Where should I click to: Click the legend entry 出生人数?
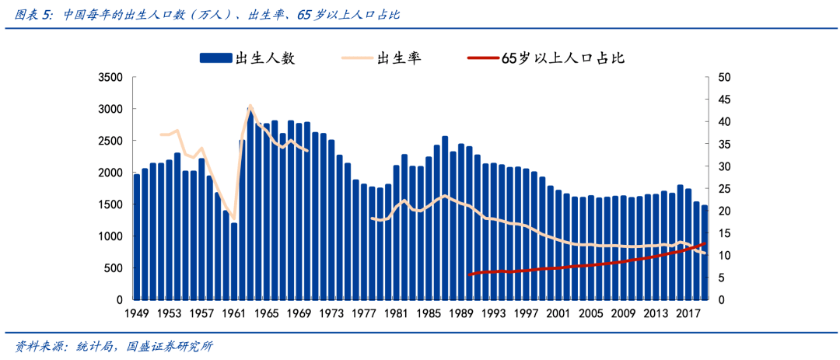coord(265,58)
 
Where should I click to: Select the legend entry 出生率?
coord(398,58)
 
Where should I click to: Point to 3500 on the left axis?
coord(110,78)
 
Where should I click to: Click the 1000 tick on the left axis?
coord(110,236)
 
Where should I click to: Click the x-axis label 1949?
coord(137,313)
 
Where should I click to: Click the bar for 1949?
coord(137,237)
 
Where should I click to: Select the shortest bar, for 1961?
coord(234,261)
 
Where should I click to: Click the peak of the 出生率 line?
coord(250,105)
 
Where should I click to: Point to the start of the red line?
coord(469,274)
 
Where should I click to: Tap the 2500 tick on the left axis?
coord(110,141)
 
